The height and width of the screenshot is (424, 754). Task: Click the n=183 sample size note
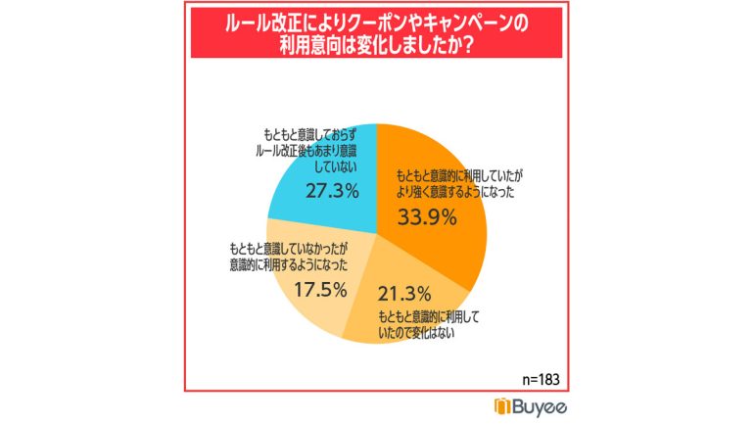(537, 377)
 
